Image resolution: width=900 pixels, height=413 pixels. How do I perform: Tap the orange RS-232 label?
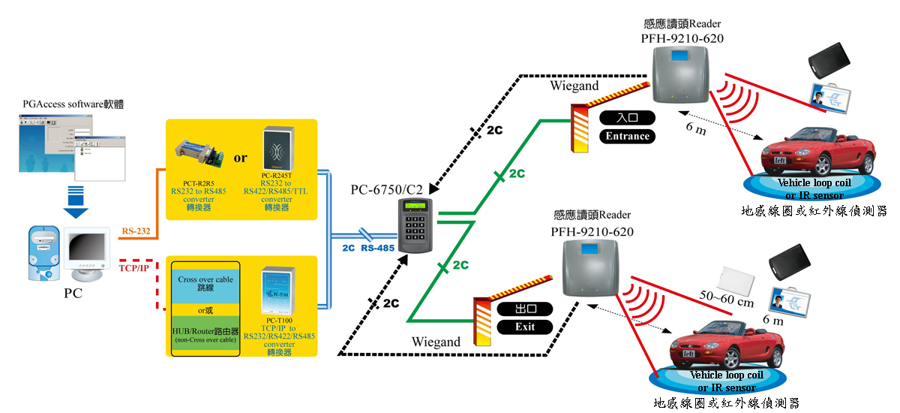(135, 231)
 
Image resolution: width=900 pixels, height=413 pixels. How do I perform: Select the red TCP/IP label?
(134, 267)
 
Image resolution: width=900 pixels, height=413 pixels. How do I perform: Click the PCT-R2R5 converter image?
(199, 157)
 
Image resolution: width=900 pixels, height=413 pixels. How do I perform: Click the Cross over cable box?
(205, 284)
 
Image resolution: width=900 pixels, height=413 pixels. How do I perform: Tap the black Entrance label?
(628, 136)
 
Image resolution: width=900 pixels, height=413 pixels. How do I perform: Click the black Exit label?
(524, 327)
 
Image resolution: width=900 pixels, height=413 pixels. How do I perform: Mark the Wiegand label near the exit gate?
(436, 342)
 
